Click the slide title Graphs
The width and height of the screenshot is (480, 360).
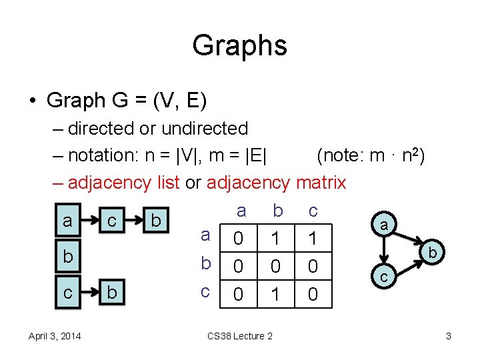coord(239,45)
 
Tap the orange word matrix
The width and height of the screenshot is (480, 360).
coord(321,182)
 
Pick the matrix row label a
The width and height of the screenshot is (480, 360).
coord(206,235)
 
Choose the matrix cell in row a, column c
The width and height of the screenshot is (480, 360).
coord(313,239)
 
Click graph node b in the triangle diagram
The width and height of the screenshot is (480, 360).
coord(433,253)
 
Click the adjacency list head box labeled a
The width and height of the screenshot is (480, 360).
coord(67,221)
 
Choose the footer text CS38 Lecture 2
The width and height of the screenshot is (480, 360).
coord(240,336)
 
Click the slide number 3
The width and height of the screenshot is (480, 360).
coord(449,336)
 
